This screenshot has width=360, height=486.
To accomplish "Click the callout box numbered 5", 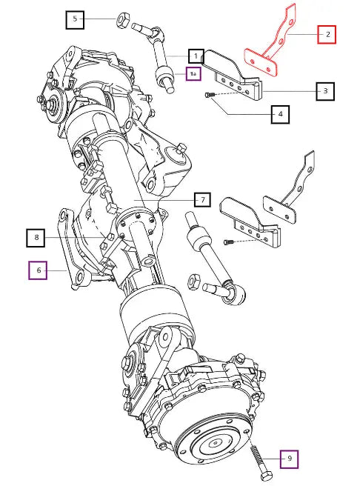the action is [x=75, y=19].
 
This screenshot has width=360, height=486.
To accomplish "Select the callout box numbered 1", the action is [x=196, y=56].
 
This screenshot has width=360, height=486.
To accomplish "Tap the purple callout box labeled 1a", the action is [x=193, y=74].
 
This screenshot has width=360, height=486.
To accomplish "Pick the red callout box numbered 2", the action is [x=327, y=34].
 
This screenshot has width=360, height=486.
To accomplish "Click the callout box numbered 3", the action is [x=325, y=91].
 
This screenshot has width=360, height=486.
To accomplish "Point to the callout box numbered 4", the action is [x=280, y=114].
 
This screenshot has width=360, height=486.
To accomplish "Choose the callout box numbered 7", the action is [x=203, y=199].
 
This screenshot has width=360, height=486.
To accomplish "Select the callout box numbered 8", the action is [x=36, y=238].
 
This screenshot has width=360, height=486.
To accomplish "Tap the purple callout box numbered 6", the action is [x=38, y=270].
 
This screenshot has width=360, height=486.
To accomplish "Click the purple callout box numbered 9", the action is [x=290, y=459].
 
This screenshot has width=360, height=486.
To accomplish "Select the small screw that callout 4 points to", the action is [x=208, y=95].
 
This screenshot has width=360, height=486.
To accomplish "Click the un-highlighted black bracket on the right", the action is [x=290, y=192].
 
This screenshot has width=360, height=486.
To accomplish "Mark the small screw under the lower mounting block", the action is [x=227, y=242].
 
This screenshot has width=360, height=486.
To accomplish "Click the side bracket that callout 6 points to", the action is [x=70, y=248].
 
